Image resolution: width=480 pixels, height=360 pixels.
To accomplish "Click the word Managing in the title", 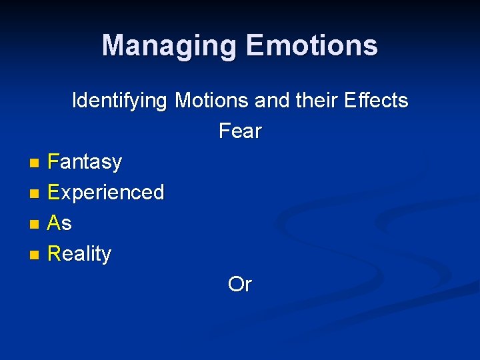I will click(169, 46).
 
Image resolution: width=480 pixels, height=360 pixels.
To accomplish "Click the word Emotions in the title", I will click(311, 45).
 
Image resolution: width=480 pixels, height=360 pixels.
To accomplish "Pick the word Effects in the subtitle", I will click(376, 101).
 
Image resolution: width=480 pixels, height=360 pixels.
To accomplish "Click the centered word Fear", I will click(240, 131).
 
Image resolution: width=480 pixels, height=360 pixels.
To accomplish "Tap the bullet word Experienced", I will click(106, 193).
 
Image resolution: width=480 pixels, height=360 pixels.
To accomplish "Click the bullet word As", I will click(60, 223).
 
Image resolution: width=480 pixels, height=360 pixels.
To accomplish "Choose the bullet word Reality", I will click(80, 254).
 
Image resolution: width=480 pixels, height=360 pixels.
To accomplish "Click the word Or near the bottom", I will click(240, 285).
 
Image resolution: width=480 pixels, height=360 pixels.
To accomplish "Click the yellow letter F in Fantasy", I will click(53, 162).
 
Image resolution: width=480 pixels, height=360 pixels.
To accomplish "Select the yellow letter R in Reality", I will click(54, 253).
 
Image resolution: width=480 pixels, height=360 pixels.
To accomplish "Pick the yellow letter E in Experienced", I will click(54, 192).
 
